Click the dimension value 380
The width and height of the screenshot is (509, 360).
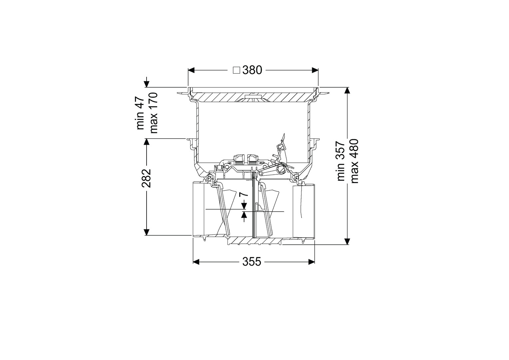(x=252, y=70)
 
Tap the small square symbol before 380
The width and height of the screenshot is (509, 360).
(x=237, y=70)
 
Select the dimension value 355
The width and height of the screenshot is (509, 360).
(x=252, y=262)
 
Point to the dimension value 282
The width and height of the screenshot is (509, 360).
(x=146, y=178)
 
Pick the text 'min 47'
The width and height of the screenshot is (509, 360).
(x=140, y=113)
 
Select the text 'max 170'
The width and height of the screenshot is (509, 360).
(x=154, y=113)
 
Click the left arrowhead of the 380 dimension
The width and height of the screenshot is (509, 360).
(x=191, y=70)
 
